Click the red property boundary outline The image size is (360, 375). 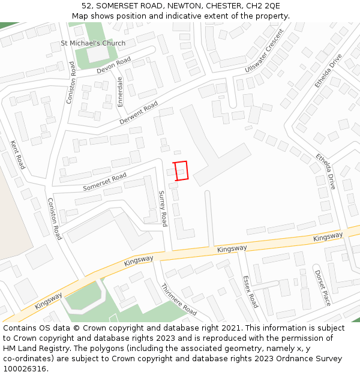tap(181, 170)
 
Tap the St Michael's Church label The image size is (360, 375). tap(93, 43)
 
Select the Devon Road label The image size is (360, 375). tap(113, 65)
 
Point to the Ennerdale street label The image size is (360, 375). tap(120, 91)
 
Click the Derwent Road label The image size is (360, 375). tap(139, 113)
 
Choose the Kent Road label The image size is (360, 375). tap(18, 154)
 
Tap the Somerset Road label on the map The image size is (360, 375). tap(104, 182)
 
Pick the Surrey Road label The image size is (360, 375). tap(162, 208)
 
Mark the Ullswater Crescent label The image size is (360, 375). tap(264, 58)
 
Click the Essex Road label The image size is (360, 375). tap(250, 292)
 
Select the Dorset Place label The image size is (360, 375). tap(323, 287)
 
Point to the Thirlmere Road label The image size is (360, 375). tap(179, 300)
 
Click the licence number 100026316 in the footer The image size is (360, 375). tap(25, 368)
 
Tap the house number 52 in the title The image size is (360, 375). tap(86, 6)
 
